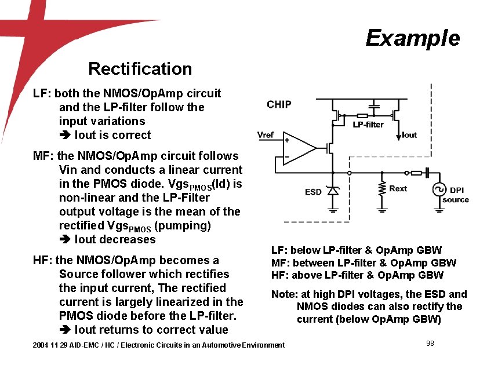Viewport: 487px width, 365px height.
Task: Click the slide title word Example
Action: (x=413, y=38)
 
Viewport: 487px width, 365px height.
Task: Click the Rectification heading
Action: (x=140, y=69)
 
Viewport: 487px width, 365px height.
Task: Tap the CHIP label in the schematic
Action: (x=279, y=104)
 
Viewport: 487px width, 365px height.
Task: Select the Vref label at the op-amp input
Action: (x=266, y=134)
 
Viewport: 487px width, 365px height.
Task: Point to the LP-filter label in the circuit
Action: (x=368, y=125)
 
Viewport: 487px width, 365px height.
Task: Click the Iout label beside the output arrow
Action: (x=409, y=135)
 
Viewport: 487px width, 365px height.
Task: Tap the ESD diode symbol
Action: (x=332, y=190)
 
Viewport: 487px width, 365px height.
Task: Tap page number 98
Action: (x=430, y=344)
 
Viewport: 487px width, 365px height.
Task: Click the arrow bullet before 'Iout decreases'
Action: (x=64, y=240)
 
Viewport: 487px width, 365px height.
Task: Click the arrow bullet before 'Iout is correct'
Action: (x=64, y=136)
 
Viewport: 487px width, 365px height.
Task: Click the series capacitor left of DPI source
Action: (x=426, y=172)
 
